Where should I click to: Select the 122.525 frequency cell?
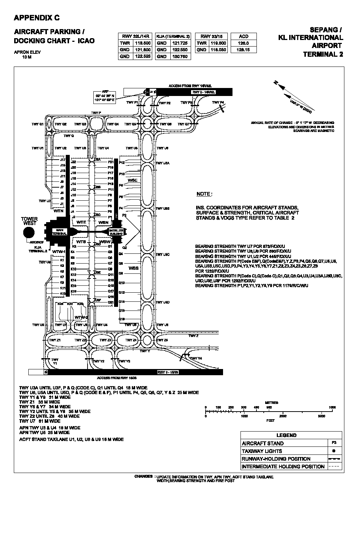click(x=142, y=56)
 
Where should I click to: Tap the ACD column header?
click(x=243, y=36)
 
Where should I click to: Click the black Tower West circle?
click(x=29, y=232)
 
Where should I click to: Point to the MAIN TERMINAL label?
click(x=60, y=232)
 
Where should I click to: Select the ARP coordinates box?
click(x=105, y=96)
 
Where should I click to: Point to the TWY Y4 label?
click(x=196, y=358)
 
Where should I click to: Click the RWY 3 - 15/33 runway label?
click(x=168, y=372)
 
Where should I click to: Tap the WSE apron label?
click(x=133, y=180)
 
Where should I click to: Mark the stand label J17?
click(x=62, y=160)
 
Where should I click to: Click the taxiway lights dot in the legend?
click(x=333, y=451)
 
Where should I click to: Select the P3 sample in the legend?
click(x=333, y=443)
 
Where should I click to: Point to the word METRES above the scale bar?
click(x=272, y=403)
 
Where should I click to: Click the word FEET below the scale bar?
click(x=271, y=421)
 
